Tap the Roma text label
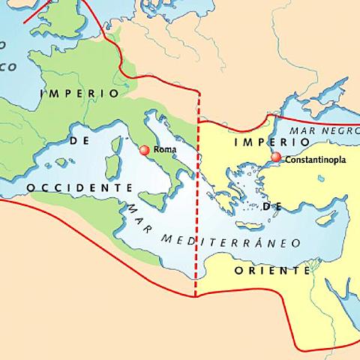[x=164, y=150]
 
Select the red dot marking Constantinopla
[x=276, y=157]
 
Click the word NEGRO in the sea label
[x=337, y=130]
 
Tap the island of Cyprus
[x=325, y=219]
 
